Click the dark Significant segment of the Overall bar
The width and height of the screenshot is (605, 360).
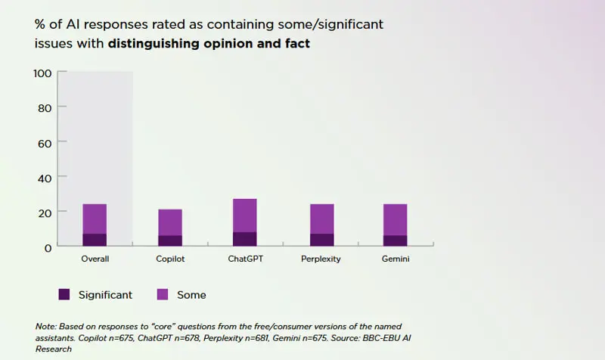(95, 240)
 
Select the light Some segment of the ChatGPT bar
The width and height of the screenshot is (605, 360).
(244, 216)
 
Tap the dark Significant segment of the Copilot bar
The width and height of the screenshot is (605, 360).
(170, 241)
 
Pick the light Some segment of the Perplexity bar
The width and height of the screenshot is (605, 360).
(321, 219)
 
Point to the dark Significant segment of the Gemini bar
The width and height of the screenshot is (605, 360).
(395, 241)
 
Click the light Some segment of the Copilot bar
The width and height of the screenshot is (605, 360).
(170, 222)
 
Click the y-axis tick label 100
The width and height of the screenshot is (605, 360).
(42, 73)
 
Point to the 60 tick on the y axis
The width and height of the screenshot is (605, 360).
(44, 143)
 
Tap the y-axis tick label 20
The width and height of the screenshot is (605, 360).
(44, 213)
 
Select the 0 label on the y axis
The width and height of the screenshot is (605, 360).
(48, 247)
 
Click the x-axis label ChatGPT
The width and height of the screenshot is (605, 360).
(245, 259)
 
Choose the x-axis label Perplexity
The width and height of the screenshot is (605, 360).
(321, 259)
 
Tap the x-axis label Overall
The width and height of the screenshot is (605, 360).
(95, 259)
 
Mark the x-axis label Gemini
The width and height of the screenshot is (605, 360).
(395, 259)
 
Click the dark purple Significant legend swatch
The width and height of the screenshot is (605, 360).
(64, 294)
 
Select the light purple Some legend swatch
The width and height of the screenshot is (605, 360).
(163, 294)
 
